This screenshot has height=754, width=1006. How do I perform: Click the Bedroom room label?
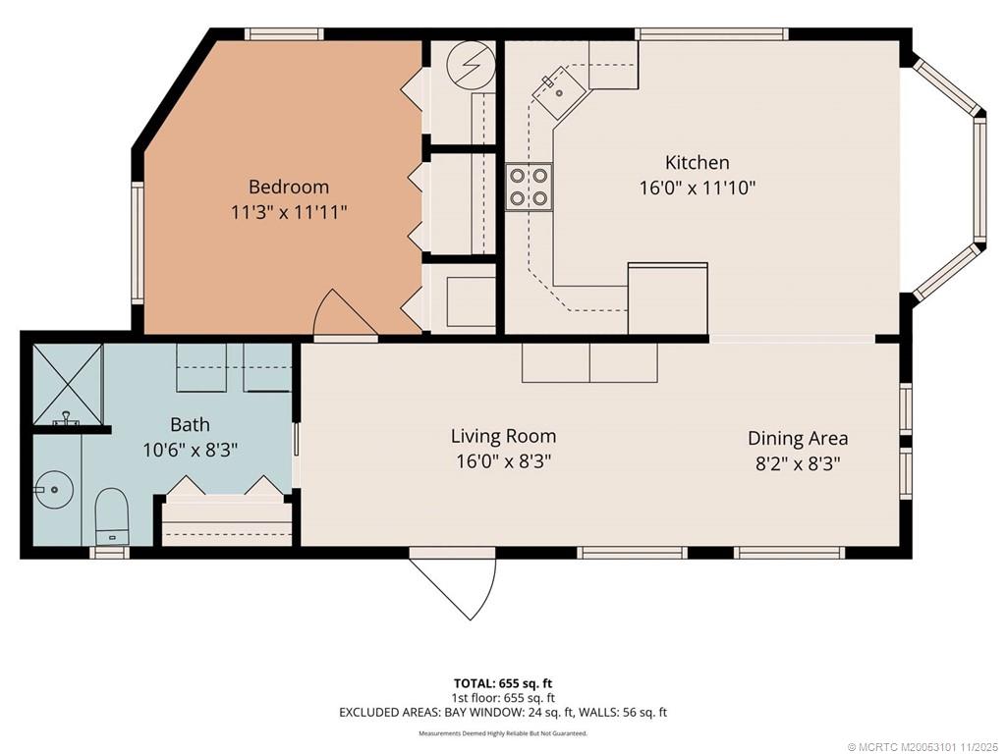click(x=289, y=188)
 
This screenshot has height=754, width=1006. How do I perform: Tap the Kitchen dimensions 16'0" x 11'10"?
click(x=698, y=188)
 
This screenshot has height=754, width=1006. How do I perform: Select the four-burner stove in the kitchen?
click(x=529, y=187)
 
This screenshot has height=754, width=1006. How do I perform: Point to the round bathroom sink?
click(x=53, y=490)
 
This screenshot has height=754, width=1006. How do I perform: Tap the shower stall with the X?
click(x=68, y=384)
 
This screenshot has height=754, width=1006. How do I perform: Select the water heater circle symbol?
click(x=472, y=65)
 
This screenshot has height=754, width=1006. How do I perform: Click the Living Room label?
click(x=503, y=436)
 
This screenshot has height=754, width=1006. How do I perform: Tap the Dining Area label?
click(x=798, y=438)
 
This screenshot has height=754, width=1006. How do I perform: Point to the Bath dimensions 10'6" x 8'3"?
click(x=190, y=450)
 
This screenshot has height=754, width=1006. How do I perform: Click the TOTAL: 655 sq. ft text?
click(x=503, y=683)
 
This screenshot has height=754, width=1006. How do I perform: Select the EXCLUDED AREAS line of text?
click(x=503, y=713)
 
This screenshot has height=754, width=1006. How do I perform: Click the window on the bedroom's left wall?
click(x=138, y=242)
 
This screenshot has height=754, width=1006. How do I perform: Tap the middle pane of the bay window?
click(x=979, y=181)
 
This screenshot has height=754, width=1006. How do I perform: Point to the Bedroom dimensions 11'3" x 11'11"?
click(x=289, y=212)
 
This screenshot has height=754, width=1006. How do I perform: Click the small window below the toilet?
click(x=109, y=553)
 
